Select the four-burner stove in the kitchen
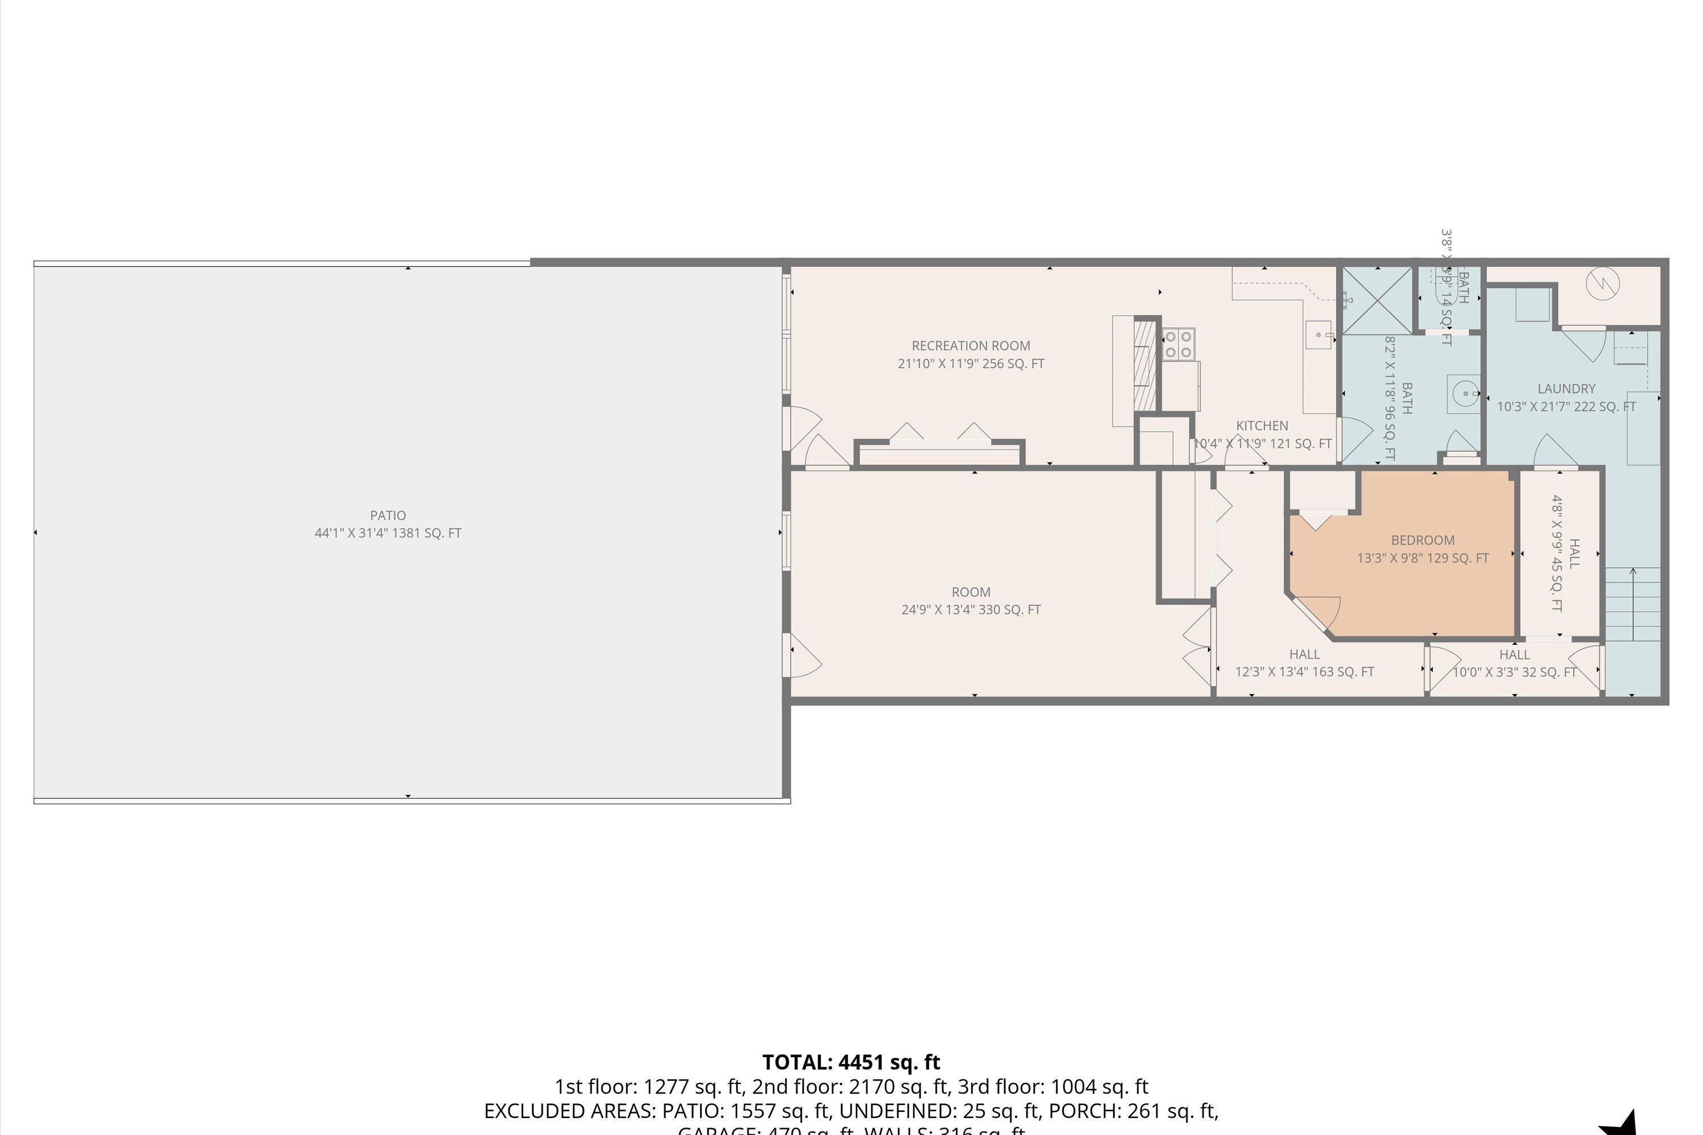click(x=1178, y=344)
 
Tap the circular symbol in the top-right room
click(x=1603, y=283)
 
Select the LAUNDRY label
click(x=1566, y=389)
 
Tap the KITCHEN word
click(x=1262, y=426)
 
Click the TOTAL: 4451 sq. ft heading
click(x=851, y=1062)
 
